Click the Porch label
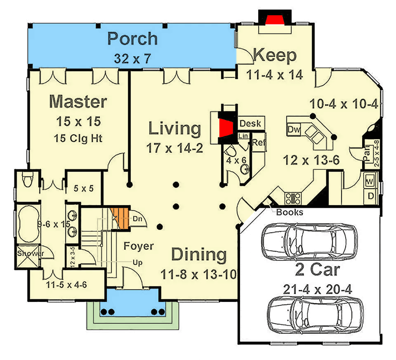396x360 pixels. [x=132, y=39]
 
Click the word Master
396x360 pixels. [x=78, y=102]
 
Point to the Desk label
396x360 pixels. [x=250, y=123]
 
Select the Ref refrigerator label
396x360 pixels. [x=258, y=143]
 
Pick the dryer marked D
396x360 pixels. [x=370, y=196]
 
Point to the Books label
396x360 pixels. [x=290, y=212]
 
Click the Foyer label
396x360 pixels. [x=139, y=246]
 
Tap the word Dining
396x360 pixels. [x=199, y=255]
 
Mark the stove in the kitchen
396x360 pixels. [x=293, y=197]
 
